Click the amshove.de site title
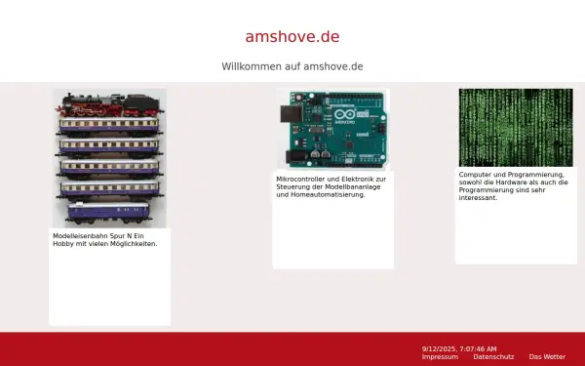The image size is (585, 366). click(292, 36)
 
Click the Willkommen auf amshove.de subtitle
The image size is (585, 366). click(292, 66)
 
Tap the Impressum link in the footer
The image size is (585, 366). click(440, 356)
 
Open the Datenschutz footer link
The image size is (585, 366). click(493, 356)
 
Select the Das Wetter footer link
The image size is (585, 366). click(547, 356)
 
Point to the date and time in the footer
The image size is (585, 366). click(459, 348)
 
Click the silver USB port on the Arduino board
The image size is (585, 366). click(290, 113)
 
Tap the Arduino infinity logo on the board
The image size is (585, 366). click(346, 116)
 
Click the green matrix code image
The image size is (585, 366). click(516, 128)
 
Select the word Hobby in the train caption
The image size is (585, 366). click(64, 243)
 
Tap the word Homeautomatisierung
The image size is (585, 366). click(331, 194)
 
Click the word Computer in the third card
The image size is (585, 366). click(475, 175)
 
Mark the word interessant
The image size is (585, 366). click(478, 198)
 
